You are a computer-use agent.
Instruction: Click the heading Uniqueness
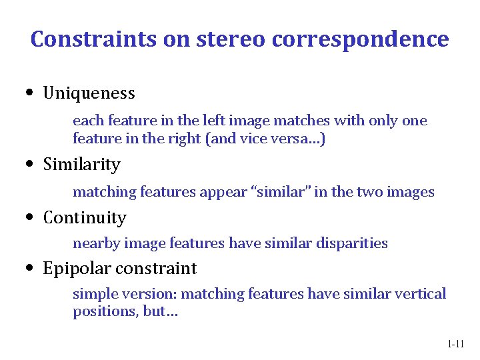coord(89,93)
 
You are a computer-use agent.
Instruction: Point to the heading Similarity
coord(81,165)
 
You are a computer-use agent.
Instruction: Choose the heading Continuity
coord(84,218)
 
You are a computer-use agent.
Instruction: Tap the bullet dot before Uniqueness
coord(31,93)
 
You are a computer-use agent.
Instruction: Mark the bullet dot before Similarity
coord(31,165)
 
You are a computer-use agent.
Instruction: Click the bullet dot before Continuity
coord(31,218)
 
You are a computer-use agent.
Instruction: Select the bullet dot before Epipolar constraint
coord(31,269)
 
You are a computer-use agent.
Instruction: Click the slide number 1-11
coord(455,344)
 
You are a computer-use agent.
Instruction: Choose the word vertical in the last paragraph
coord(421,294)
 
